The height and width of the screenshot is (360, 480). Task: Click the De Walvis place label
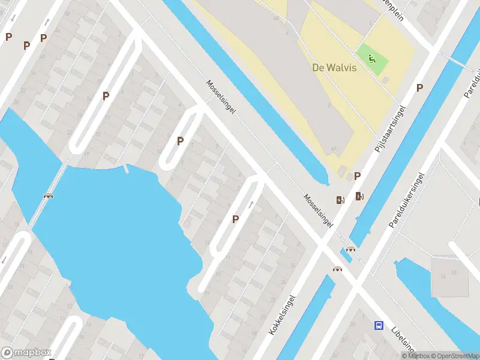334,67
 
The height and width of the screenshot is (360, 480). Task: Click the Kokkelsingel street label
283,314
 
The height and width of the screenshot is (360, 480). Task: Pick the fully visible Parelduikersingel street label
407,200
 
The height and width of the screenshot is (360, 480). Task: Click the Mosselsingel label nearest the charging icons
318,210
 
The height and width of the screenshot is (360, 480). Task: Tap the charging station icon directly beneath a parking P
359,196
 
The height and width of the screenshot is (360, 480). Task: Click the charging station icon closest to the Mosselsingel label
340,200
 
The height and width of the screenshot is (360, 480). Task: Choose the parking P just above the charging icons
358,176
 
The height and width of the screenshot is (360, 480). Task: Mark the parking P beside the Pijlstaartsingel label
419,88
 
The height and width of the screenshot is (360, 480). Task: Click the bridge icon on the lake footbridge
48,195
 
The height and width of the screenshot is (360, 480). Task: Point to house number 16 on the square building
443,276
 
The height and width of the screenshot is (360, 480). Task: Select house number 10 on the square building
454,272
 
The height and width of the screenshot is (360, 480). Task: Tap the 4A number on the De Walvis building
333,149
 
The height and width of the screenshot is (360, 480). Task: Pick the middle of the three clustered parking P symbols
26,45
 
